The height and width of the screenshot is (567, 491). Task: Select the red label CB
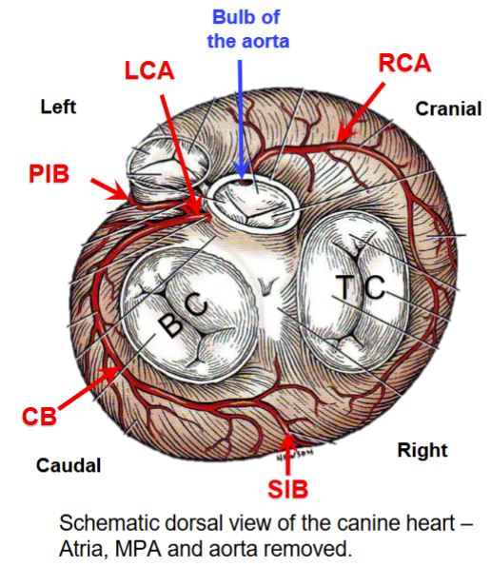[41, 417]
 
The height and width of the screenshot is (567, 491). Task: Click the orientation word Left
[57, 107]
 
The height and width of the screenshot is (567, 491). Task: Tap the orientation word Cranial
[447, 109]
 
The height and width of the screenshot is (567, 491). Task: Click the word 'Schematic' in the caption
[101, 523]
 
